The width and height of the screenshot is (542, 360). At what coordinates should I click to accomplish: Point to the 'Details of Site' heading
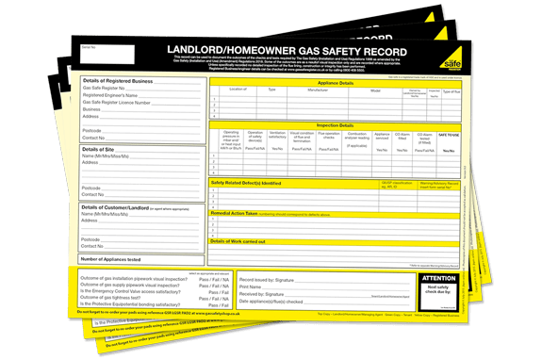pos(98,149)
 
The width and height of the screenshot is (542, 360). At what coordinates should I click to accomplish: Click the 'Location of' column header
pos(238,90)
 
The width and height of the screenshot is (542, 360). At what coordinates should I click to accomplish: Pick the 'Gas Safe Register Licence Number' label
pos(118,103)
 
